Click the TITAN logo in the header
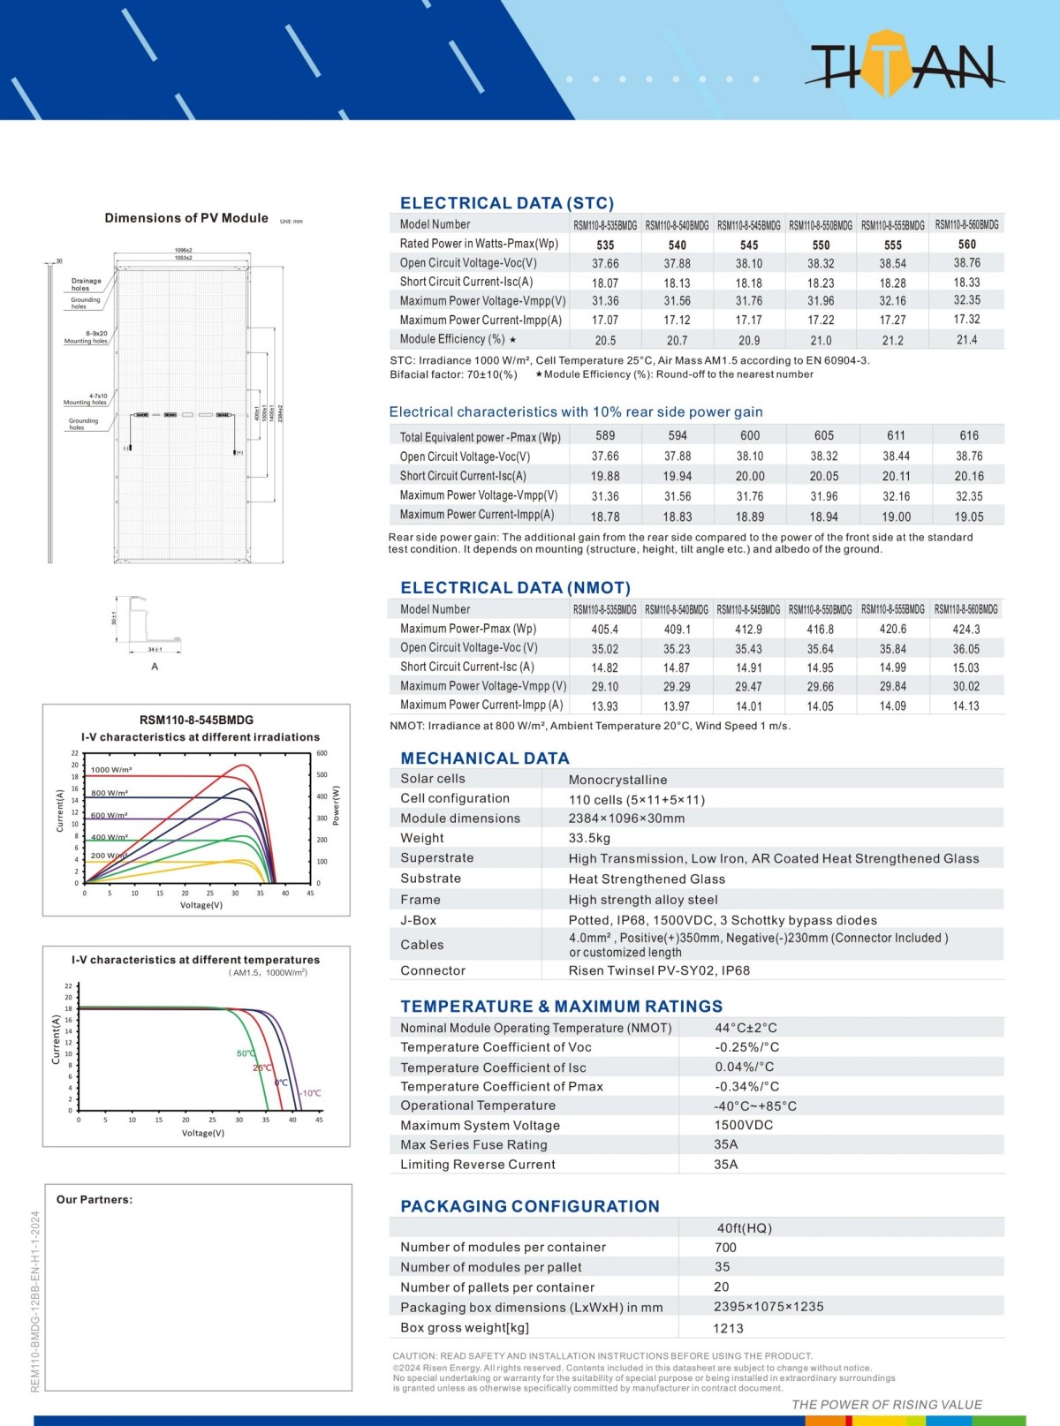pyautogui.click(x=904, y=63)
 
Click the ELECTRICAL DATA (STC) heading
pyautogui.click(x=506, y=203)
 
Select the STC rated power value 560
pyautogui.click(x=967, y=245)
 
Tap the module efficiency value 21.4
pyautogui.click(x=967, y=340)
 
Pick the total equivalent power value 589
pyautogui.click(x=605, y=435)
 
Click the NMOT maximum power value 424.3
pyautogui.click(x=966, y=630)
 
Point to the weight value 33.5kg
pyautogui.click(x=589, y=838)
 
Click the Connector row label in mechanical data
pyautogui.click(x=433, y=970)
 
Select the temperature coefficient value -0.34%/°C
pyautogui.click(x=746, y=1087)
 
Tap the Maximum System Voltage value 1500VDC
pyautogui.click(x=743, y=1125)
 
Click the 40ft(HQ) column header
pyautogui.click(x=744, y=1228)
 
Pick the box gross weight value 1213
pyautogui.click(x=728, y=1328)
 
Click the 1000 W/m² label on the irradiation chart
pyautogui.click(x=111, y=770)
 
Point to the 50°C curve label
pyautogui.click(x=246, y=1053)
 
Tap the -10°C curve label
pyautogui.click(x=310, y=1093)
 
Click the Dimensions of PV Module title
pyautogui.click(x=186, y=218)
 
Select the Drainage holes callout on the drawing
pyautogui.click(x=86, y=284)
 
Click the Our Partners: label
pyautogui.click(x=95, y=1199)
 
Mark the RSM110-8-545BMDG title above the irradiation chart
pyautogui.click(x=196, y=720)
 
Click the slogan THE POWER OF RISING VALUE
pyautogui.click(x=886, y=1405)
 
